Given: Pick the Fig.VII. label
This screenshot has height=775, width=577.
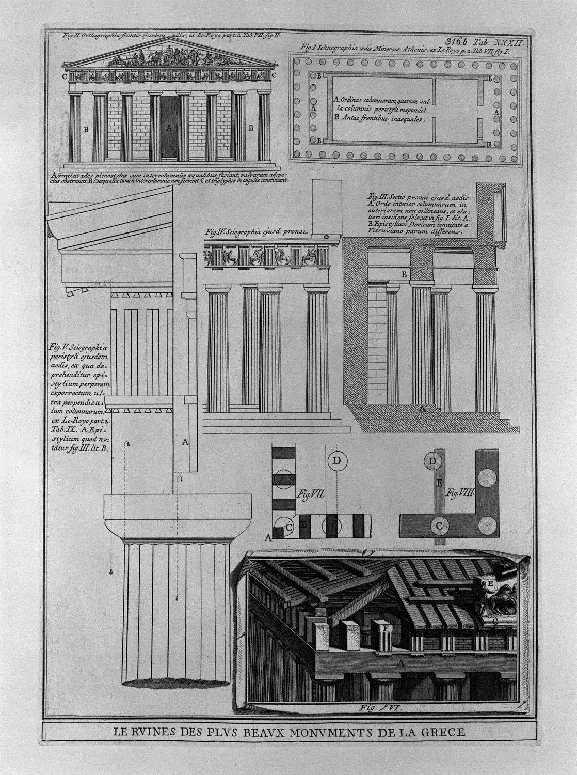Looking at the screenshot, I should tap(310, 494).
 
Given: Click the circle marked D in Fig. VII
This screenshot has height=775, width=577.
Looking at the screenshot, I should tap(338, 461).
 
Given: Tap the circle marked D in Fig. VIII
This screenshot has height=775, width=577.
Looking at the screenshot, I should tap(434, 461).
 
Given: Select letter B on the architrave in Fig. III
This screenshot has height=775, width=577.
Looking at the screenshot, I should tap(404, 274).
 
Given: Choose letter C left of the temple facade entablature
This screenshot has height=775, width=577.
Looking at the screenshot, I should tap(64, 77).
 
